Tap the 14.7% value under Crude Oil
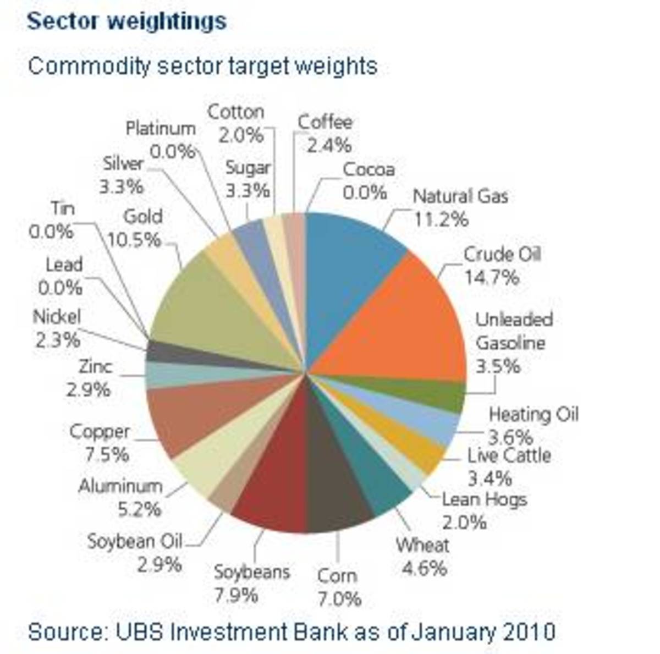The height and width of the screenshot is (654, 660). tap(491, 277)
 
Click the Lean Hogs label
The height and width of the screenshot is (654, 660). tap(485, 499)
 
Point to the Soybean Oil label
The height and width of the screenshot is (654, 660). tap(135, 541)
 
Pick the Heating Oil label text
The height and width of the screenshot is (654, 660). tap(533, 414)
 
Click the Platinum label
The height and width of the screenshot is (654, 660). tap(160, 128)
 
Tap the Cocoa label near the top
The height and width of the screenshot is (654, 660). tap(369, 169)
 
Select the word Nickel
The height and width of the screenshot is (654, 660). tap(57, 317)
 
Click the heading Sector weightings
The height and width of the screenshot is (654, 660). tap(127, 21)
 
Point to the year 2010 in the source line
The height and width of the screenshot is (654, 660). tap(530, 631)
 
